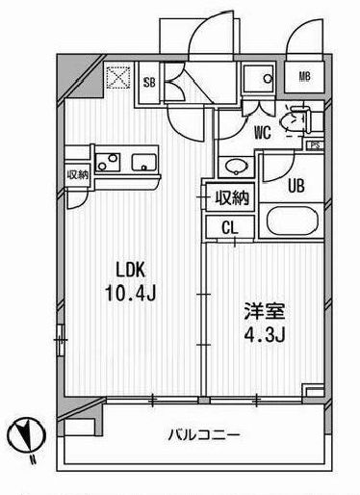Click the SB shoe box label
(149, 82)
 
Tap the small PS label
(314, 144)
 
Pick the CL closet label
(228, 228)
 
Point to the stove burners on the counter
(104, 162)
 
